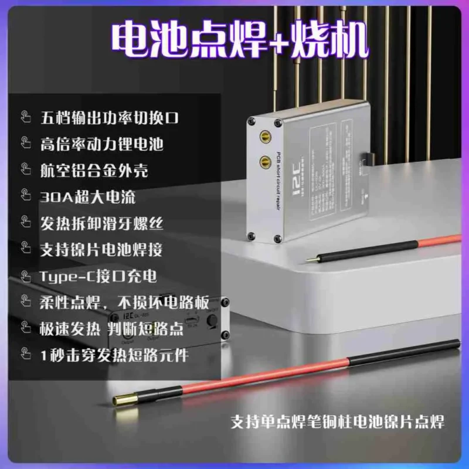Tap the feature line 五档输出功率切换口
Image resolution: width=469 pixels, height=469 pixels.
click(x=109, y=117)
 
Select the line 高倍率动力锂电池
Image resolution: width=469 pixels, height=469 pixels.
click(x=102, y=143)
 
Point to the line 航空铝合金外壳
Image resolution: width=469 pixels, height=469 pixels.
click(x=94, y=170)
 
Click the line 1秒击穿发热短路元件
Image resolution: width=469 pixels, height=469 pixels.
click(x=114, y=354)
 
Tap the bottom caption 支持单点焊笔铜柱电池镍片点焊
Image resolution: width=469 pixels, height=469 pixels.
click(x=337, y=421)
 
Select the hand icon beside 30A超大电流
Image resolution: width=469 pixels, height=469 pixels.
click(x=26, y=196)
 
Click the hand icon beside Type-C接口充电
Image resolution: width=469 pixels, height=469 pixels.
click(x=26, y=275)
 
